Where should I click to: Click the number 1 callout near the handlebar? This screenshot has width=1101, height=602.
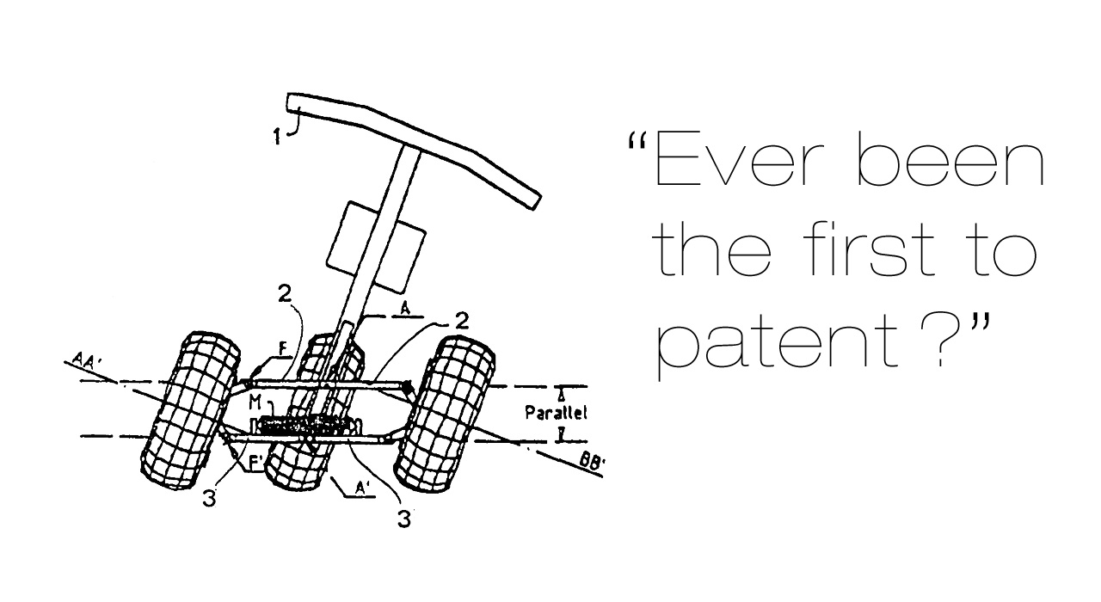point(277,136)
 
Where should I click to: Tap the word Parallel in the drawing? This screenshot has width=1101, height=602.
point(556,412)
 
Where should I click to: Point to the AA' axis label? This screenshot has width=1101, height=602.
point(87,359)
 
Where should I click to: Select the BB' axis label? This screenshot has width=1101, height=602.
point(592,462)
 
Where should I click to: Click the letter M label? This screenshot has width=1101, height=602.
point(255,402)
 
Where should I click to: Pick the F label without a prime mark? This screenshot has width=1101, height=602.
point(283,349)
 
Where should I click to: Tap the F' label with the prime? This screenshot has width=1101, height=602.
point(256,463)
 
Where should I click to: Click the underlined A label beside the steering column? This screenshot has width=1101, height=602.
point(405,309)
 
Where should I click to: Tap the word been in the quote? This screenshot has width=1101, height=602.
point(951,157)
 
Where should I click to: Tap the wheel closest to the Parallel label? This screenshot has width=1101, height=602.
point(446,414)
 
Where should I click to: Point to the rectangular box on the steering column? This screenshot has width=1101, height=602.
point(376,247)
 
